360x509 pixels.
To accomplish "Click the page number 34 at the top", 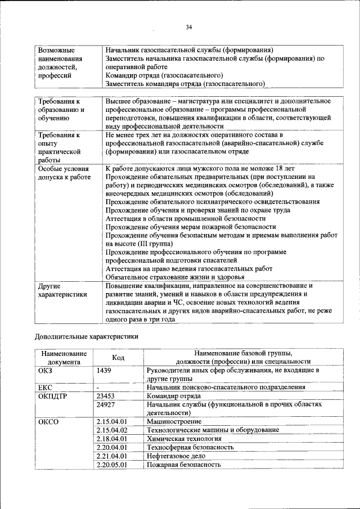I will [x=188, y=27].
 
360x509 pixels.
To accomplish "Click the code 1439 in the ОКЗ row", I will [x=104, y=371].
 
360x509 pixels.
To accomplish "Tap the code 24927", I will [x=106, y=404].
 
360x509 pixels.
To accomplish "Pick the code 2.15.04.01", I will [x=111, y=421].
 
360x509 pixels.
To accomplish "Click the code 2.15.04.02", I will [x=111, y=430].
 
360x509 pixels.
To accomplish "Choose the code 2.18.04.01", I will [x=111, y=439].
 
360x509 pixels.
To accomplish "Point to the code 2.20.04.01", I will [x=111, y=447].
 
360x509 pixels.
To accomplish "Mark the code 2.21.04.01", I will [x=111, y=456].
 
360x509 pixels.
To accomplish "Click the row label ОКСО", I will [x=49, y=421].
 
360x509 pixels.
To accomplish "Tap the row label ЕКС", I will [x=45, y=388].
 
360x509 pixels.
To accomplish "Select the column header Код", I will [x=118, y=358].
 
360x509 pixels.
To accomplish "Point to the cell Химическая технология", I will [x=184, y=439].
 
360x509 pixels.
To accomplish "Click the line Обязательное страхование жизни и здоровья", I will [x=174, y=277].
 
